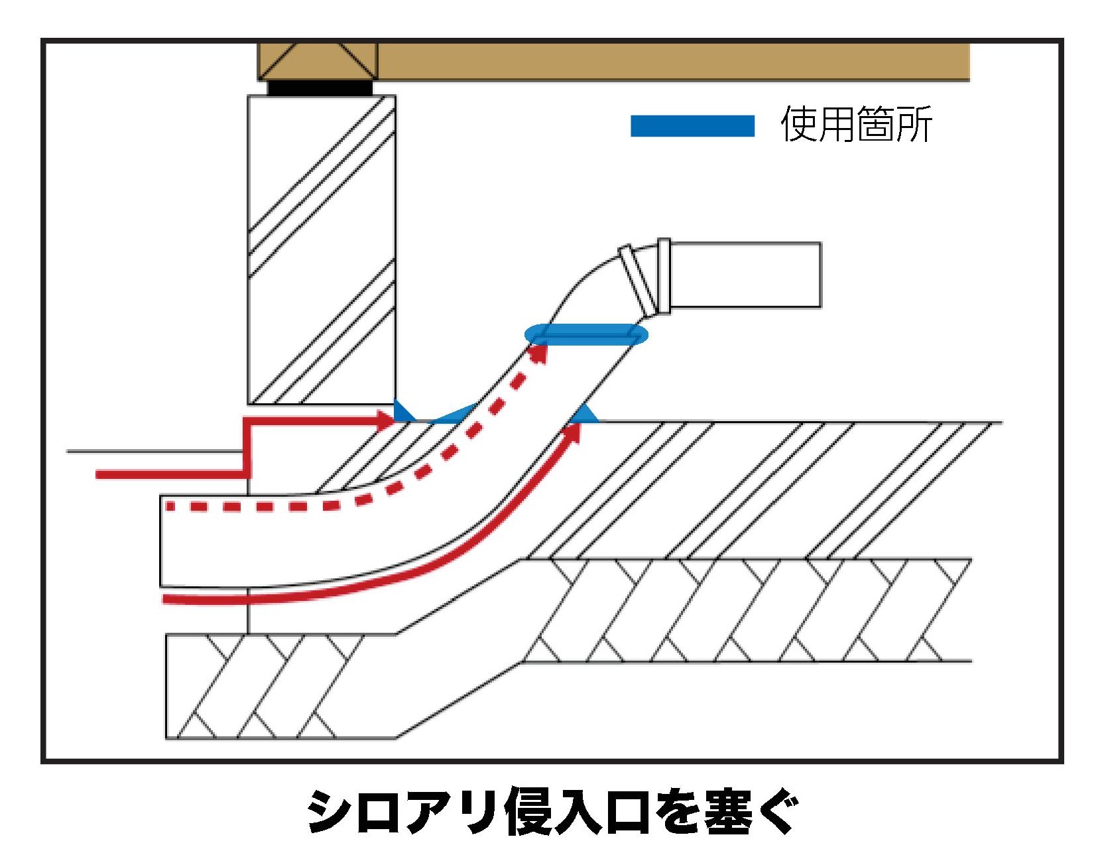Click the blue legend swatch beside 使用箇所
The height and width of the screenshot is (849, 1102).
[x=692, y=126]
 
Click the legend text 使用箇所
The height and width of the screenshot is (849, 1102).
[x=856, y=124]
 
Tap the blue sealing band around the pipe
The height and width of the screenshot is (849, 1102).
[x=586, y=335]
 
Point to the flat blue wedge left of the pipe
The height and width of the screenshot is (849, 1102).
[x=454, y=415]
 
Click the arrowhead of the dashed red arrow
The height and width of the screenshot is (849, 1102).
[x=540, y=352]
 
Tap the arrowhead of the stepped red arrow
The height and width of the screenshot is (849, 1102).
[x=385, y=420]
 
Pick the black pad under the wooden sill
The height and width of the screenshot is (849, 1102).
[x=320, y=88]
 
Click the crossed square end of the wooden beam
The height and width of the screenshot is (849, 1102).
[x=318, y=62]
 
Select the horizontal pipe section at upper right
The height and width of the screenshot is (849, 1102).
[x=746, y=275]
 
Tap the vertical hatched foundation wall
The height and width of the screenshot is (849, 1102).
[x=322, y=249]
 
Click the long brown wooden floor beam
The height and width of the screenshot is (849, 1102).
[x=673, y=62]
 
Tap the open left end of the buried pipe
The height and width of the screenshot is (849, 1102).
[x=162, y=541]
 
